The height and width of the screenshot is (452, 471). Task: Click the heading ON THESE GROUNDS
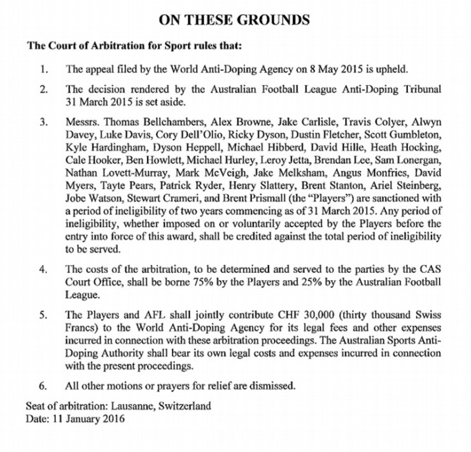[235, 20]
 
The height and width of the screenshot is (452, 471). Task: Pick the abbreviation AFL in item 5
[141, 314]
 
